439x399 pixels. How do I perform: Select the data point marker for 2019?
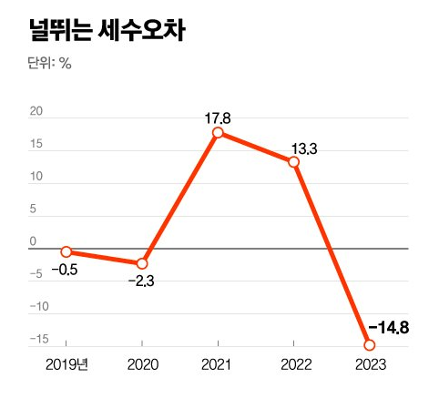click(x=66, y=251)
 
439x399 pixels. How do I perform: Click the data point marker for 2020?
click(x=142, y=263)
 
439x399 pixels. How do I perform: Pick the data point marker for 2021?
click(x=218, y=133)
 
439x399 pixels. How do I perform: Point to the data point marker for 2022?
click(x=293, y=162)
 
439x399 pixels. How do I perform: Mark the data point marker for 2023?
click(x=369, y=344)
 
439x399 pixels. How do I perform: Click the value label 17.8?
click(x=218, y=118)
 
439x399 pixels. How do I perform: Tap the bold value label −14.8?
click(x=393, y=326)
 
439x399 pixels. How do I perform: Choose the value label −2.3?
click(x=141, y=282)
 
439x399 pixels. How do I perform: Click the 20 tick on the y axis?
click(x=36, y=112)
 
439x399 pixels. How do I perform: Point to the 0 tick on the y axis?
click(x=33, y=241)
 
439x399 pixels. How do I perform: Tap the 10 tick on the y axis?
click(x=36, y=177)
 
